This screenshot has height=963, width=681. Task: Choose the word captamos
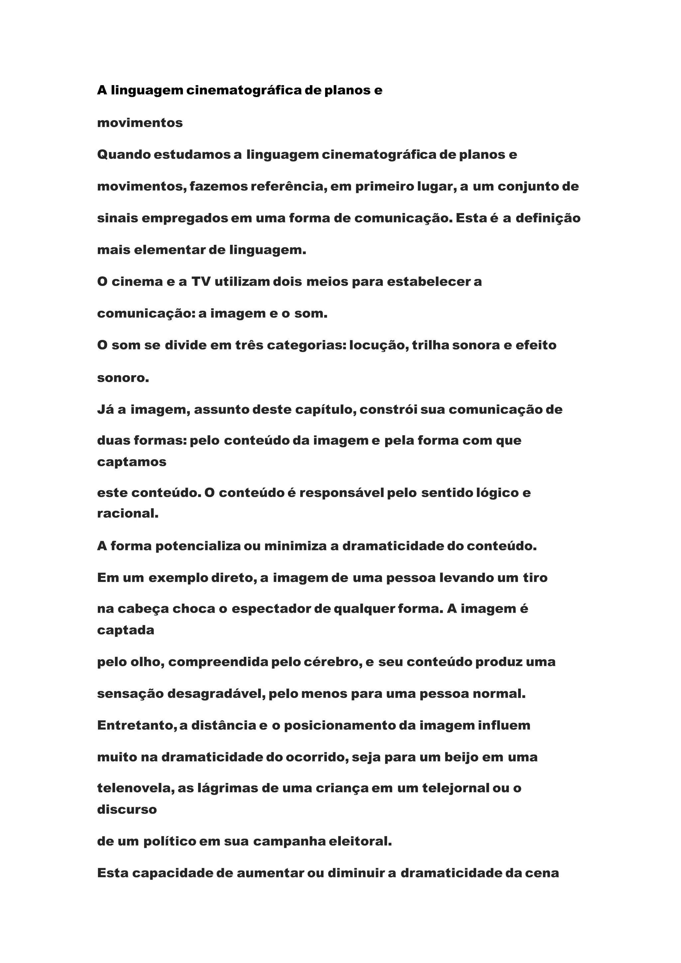(132, 462)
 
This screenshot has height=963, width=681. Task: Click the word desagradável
(216, 694)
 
